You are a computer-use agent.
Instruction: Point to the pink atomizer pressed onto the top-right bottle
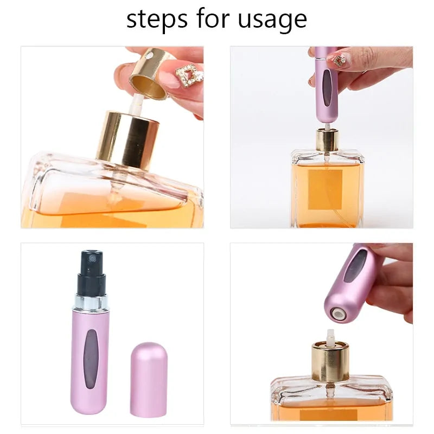[326, 87]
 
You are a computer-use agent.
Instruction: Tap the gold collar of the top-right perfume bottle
[327, 141]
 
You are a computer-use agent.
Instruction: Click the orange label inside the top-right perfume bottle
[325, 188]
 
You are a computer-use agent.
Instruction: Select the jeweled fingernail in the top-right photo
[340, 59]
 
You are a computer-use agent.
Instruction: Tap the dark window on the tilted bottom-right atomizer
[355, 266]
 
